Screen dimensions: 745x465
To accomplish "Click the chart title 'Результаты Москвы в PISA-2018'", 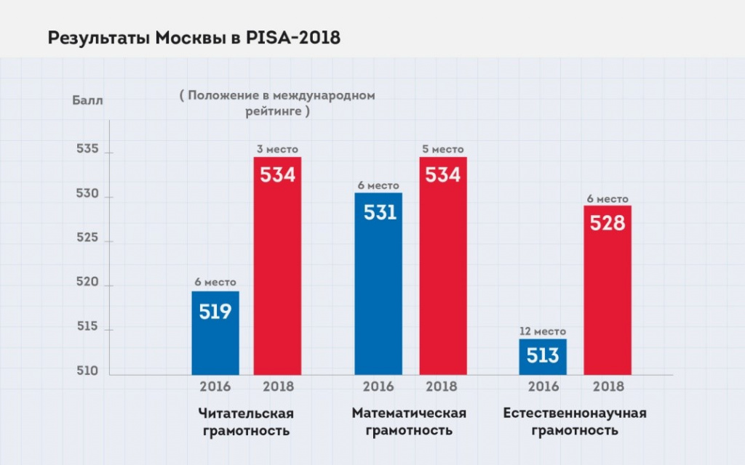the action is (194, 38).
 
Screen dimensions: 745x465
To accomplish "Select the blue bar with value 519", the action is (215, 333).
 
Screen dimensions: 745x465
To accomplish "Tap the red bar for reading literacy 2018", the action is (277, 266).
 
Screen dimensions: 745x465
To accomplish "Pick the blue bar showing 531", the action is (378, 284).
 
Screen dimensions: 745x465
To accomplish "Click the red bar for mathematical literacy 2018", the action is (443, 266).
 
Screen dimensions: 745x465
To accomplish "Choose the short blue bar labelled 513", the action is (543, 357).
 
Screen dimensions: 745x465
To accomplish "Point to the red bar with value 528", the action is (607, 290).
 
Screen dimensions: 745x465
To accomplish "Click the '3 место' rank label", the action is (277, 149).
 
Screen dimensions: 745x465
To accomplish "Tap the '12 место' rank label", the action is (543, 331).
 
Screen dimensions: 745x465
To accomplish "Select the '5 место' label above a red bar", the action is (443, 149).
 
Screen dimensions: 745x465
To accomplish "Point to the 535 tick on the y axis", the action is (87, 149).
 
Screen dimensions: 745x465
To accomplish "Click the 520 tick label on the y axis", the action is (87, 282).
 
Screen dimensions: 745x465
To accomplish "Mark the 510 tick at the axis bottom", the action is (87, 371).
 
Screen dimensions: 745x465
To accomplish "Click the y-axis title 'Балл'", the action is (87, 100).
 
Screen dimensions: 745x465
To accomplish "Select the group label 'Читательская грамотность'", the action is (246, 422).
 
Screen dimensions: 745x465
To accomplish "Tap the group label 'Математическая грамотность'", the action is (409, 421).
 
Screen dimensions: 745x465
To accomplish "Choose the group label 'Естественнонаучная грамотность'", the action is (575, 421).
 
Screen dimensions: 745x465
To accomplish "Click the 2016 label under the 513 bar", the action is (543, 387).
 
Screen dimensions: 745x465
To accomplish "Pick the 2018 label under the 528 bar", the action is (609, 387).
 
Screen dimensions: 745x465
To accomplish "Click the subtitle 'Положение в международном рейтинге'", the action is (277, 103).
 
